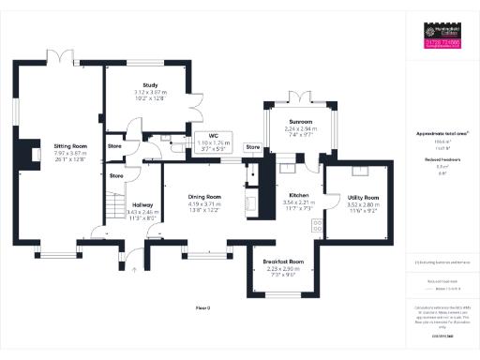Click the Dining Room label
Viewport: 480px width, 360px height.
click(x=197, y=196)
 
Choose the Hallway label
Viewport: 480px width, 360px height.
click(x=142, y=204)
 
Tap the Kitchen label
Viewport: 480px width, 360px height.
click(x=296, y=194)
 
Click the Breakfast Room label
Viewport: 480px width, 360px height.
click(x=283, y=260)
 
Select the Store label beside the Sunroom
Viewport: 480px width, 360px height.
click(x=252, y=147)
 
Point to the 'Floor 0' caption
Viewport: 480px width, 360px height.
click(x=202, y=307)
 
